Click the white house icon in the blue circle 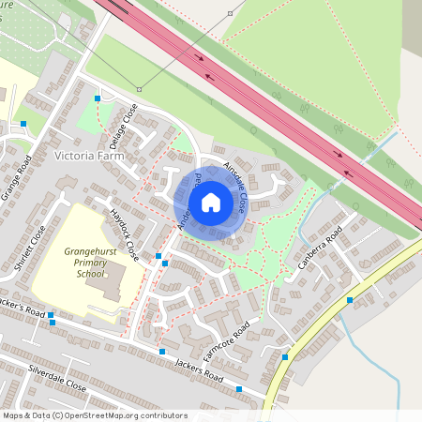tap(210, 203)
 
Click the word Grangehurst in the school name tap(95, 252)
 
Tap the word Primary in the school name tap(95, 264)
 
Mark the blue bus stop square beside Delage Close tap(98, 98)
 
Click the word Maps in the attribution tap(13, 415)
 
